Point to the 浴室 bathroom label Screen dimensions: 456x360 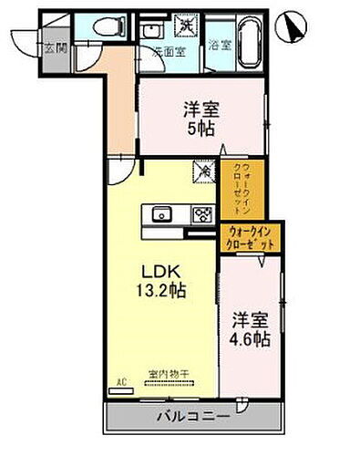point(219,44)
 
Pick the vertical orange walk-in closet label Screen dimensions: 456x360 point(233,185)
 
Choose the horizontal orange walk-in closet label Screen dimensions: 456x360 point(252,238)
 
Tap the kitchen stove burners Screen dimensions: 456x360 point(201,215)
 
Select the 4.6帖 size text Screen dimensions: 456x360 point(251,337)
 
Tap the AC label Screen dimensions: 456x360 point(117,384)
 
